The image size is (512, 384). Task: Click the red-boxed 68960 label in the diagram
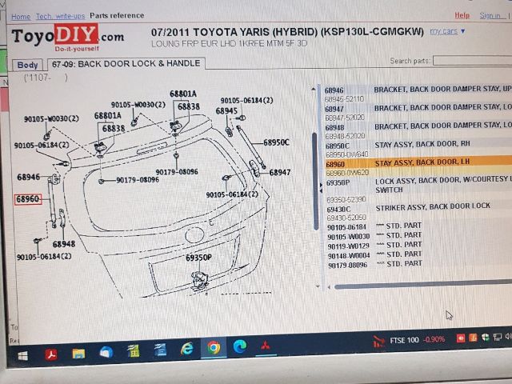27,198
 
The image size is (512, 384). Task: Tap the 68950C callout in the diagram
276,142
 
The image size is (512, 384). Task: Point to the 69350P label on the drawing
198,258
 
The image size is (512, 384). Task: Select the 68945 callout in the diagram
226,110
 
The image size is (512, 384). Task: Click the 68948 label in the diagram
64,244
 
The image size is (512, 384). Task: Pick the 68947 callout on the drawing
279,172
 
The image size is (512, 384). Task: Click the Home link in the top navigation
21,16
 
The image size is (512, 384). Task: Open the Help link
462,15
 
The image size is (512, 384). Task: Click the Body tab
28,65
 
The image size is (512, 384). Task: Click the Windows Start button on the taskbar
22,352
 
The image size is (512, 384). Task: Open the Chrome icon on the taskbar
214,348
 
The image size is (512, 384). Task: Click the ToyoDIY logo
67,36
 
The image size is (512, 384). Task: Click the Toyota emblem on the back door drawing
194,235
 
